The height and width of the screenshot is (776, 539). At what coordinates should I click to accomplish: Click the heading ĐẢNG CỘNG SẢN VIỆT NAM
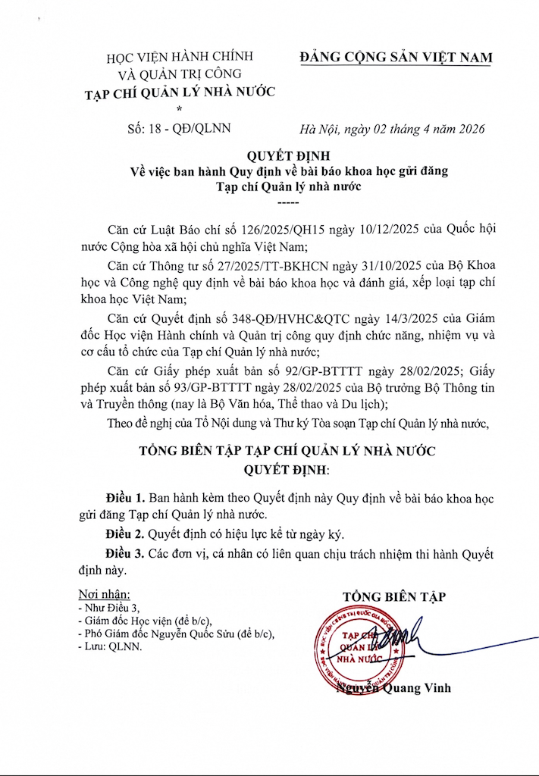[396, 58]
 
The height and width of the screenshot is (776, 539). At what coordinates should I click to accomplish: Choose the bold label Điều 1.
[125, 499]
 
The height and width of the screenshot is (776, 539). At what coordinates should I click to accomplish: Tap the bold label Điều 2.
[125, 534]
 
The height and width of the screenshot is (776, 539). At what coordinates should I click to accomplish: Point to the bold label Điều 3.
[125, 554]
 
